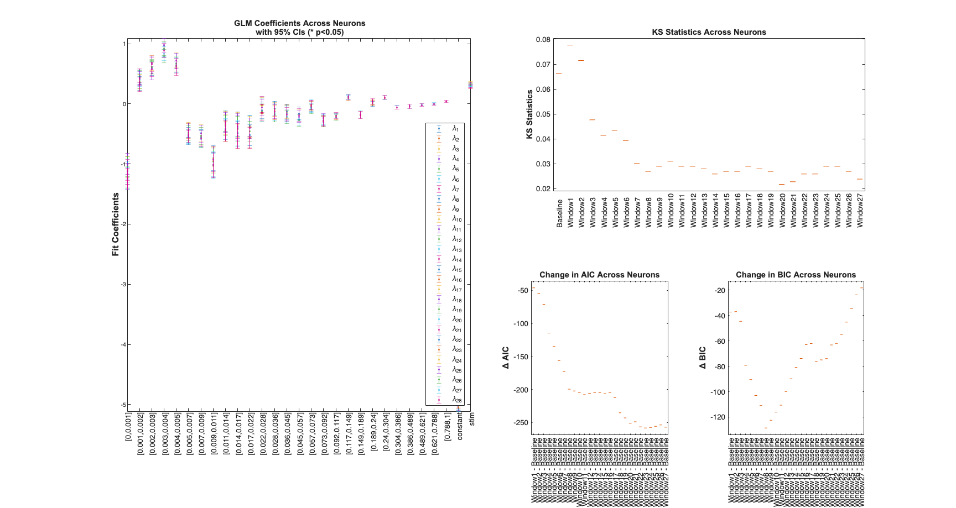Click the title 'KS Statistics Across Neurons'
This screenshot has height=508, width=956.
(709, 32)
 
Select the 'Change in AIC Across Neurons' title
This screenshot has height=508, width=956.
(599, 275)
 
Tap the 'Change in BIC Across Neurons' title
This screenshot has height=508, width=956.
(796, 275)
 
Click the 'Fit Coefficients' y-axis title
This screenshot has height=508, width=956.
(116, 224)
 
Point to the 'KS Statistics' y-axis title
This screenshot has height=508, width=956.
(529, 114)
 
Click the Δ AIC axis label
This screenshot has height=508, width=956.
(506, 358)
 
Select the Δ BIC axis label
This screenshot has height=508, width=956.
(703, 358)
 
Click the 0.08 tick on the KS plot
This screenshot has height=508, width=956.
(543, 40)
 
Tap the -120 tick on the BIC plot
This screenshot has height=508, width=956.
(718, 417)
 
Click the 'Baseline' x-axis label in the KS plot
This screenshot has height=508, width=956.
(559, 213)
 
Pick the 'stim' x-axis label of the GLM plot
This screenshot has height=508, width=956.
(472, 418)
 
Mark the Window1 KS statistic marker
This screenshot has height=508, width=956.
(570, 45)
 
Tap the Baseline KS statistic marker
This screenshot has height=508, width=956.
(559, 74)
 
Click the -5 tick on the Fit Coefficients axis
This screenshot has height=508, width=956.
(124, 405)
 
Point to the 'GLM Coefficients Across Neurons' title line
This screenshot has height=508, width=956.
(299, 23)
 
